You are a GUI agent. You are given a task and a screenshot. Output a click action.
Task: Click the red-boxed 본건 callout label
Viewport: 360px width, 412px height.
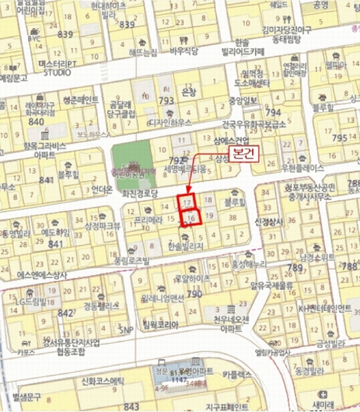(x=243, y=154)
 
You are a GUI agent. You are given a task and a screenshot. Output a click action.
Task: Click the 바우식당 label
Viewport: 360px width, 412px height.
(x=184, y=51)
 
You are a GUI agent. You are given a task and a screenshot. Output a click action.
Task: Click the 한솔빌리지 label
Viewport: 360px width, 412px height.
(x=187, y=245)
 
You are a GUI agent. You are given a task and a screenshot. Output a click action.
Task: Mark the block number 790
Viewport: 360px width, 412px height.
(x=194, y=295)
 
